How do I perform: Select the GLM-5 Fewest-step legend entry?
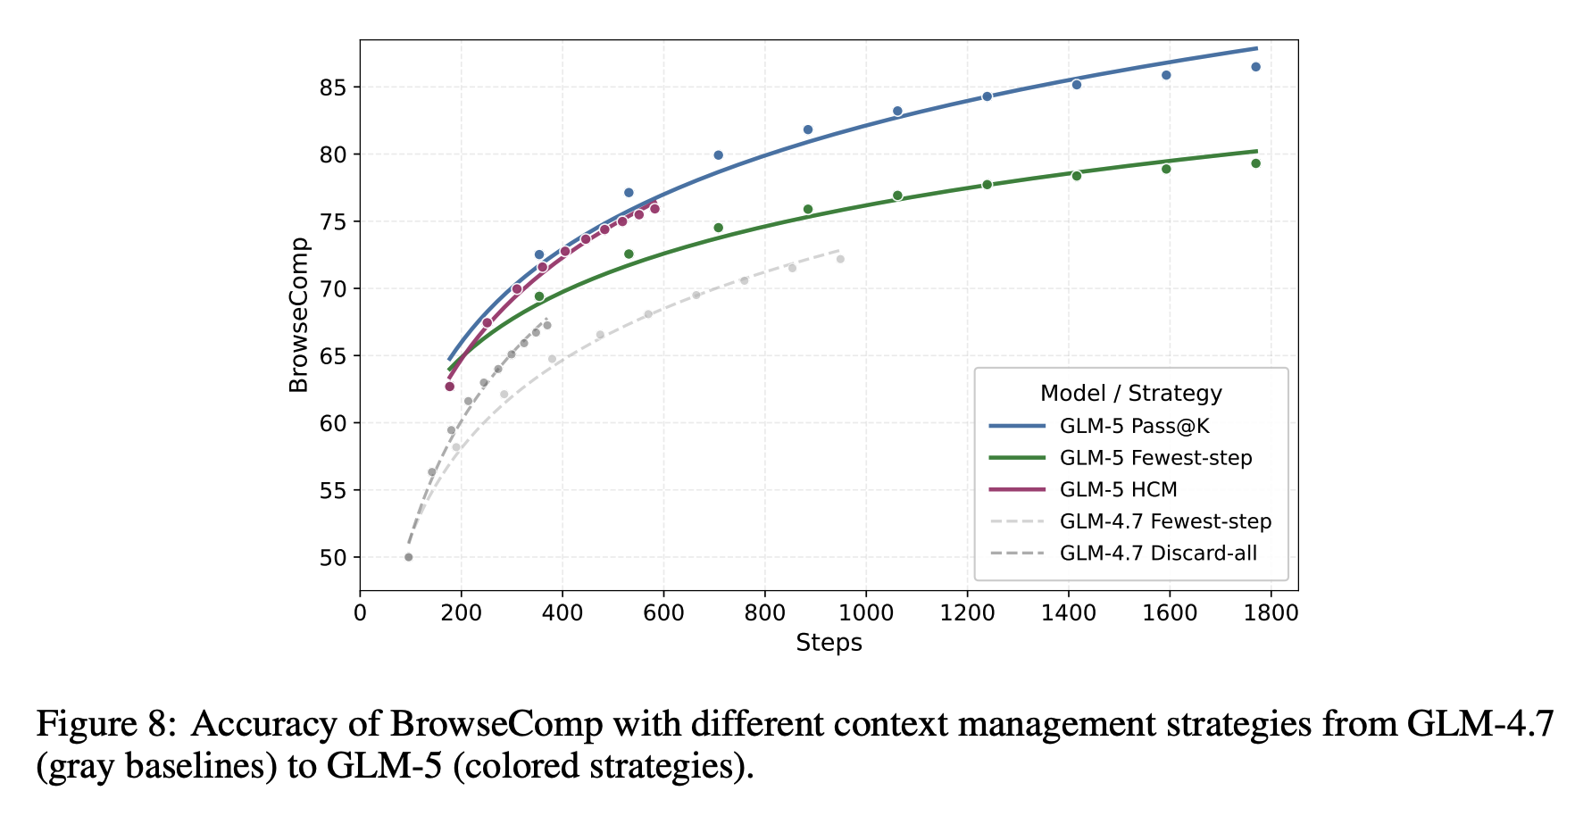point(1155,459)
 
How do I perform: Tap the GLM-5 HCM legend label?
point(1118,490)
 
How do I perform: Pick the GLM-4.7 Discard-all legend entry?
point(1158,554)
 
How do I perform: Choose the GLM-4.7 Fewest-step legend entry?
point(1165,522)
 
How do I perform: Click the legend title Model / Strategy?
point(1130,394)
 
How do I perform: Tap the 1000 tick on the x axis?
point(866,613)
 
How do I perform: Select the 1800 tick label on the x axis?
point(1271,613)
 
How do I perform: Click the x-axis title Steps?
point(829,644)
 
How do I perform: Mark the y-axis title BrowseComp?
point(299,314)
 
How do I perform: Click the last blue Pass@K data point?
point(1255,67)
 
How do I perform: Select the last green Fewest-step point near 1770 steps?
point(1255,163)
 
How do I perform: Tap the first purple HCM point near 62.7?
point(449,387)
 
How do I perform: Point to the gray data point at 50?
point(408,557)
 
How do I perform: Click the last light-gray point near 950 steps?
point(840,259)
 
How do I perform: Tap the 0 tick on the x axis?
point(360,613)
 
